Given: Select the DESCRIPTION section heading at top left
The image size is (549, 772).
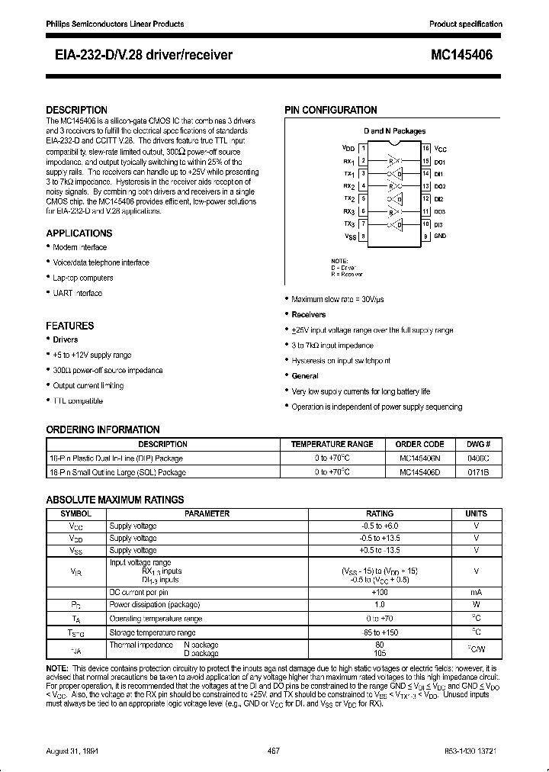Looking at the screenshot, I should [x=76, y=110].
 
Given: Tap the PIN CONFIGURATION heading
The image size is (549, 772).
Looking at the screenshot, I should [x=331, y=110].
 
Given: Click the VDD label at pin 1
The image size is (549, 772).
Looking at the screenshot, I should [x=348, y=148].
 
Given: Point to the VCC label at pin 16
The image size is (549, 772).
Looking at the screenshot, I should [x=441, y=148].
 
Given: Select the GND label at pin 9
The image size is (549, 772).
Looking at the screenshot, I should [x=440, y=236].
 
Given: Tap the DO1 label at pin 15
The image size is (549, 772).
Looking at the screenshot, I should [x=440, y=162].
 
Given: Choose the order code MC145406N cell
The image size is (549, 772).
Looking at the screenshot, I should [x=419, y=458].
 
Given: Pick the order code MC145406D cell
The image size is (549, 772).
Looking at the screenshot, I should [x=419, y=472].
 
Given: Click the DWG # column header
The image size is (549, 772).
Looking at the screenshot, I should [x=478, y=444].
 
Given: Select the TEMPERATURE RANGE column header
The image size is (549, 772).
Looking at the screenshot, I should [x=332, y=444].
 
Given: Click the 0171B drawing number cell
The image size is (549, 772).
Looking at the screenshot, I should [x=478, y=472].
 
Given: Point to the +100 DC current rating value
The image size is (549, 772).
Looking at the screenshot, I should [x=380, y=591].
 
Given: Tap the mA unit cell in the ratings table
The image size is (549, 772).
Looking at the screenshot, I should [x=476, y=591].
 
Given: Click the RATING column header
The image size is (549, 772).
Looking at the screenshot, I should [x=380, y=513].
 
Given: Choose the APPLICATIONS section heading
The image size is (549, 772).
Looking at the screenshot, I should [x=79, y=233].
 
